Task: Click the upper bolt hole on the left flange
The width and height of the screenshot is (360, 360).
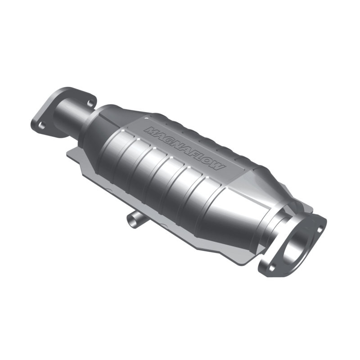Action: (x=90, y=103)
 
